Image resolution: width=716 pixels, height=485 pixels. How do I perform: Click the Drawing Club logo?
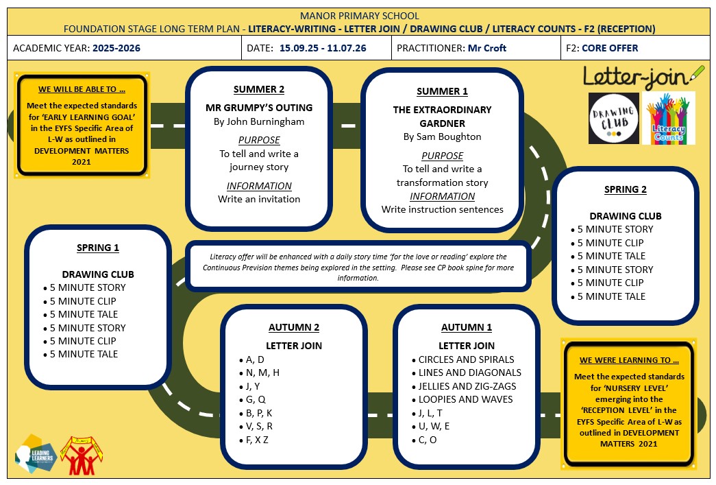click(x=614, y=119)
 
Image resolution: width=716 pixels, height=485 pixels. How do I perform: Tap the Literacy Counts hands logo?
click(x=669, y=119)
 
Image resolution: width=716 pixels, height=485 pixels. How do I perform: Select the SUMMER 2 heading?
click(x=259, y=89)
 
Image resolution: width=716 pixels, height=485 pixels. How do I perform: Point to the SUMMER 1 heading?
click(x=442, y=91)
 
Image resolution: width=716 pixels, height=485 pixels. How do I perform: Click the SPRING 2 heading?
click(x=625, y=189)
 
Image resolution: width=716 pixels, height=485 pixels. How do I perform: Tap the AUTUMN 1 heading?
click(x=466, y=327)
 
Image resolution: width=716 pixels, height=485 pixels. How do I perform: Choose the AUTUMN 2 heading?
click(x=294, y=327)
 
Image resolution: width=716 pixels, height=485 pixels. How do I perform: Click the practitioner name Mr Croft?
click(x=486, y=48)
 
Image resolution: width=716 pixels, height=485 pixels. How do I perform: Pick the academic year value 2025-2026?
click(x=116, y=48)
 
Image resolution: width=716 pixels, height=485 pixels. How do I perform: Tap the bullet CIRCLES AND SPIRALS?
click(x=466, y=359)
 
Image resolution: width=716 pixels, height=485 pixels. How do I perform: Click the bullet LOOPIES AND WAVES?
click(x=465, y=399)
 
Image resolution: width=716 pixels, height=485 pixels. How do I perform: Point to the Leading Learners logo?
click(x=36, y=454)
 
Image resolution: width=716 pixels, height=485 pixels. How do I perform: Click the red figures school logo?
click(x=82, y=455)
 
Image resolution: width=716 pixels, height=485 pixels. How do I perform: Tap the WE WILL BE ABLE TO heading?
click(x=82, y=89)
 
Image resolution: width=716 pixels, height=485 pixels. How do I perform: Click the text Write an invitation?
click(x=259, y=200)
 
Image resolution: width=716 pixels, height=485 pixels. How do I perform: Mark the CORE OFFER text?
click(x=610, y=48)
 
